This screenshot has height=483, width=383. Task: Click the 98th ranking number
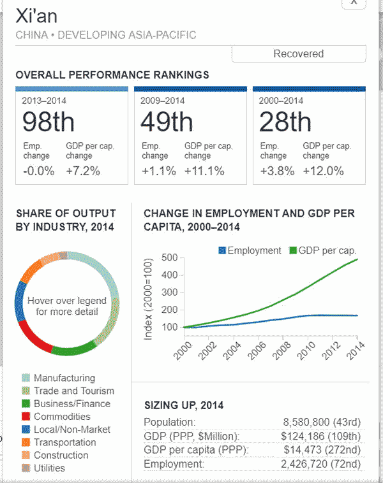[49, 121]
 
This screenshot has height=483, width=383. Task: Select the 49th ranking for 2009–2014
[167, 121]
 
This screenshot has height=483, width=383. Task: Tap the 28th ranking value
[285, 121]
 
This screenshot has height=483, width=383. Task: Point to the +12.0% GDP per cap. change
[323, 171]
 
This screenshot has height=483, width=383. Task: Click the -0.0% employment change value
[38, 171]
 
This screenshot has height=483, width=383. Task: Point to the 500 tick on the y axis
[169, 257]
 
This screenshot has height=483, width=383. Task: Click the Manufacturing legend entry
[64, 378]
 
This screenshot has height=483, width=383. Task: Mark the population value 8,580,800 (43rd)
[322, 422]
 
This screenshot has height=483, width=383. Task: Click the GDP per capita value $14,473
[312, 450]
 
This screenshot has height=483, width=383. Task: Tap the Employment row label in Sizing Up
[174, 464]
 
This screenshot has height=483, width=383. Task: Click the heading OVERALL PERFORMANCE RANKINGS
[112, 75]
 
